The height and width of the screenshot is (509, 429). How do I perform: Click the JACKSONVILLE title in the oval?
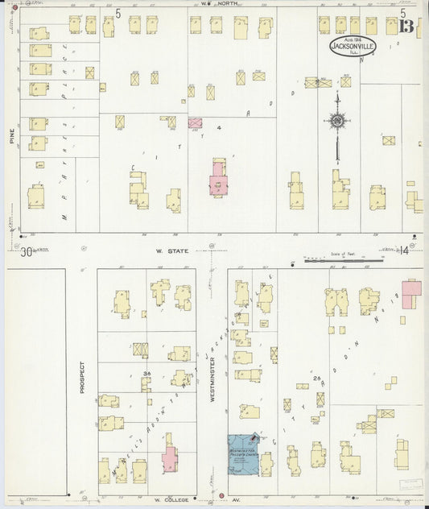(x=344, y=46)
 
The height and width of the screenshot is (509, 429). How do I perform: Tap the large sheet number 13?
(x=406, y=27)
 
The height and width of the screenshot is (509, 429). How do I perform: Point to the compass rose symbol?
(x=336, y=121)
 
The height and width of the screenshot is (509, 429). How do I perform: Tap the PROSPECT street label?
(x=81, y=377)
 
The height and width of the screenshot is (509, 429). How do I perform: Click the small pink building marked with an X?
(x=195, y=122)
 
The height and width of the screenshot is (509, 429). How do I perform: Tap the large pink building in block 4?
(x=217, y=179)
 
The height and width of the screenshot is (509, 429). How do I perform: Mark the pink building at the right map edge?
(x=411, y=293)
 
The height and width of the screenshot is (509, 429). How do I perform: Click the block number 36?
(x=147, y=374)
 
